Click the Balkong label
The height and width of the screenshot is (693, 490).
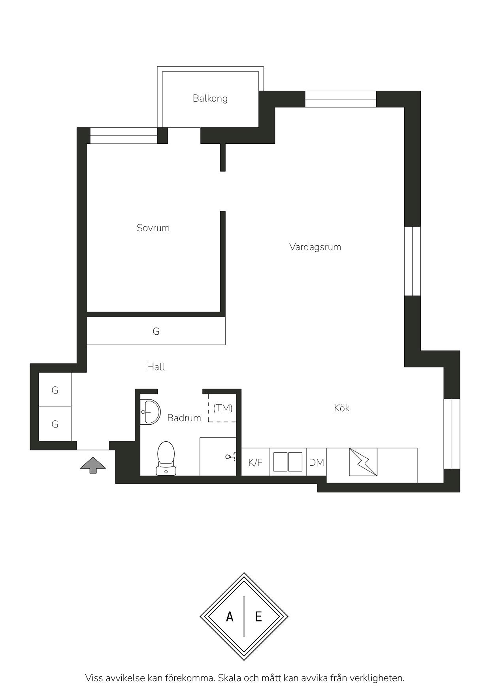[x=210, y=98]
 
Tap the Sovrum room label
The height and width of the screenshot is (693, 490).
[x=153, y=228]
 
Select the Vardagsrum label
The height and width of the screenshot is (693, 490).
[x=315, y=247]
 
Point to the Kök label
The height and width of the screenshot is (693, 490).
[x=342, y=408]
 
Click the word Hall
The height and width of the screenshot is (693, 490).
[x=156, y=367]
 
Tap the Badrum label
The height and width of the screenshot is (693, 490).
[x=184, y=418]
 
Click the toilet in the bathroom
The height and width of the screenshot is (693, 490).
[x=166, y=458]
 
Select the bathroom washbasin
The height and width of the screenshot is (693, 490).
[x=150, y=412]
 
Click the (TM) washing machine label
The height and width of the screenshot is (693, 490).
[x=223, y=408]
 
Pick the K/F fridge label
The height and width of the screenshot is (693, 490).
[x=255, y=462]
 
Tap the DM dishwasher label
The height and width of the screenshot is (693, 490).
[x=317, y=462]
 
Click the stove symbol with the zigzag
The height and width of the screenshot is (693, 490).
[x=363, y=462]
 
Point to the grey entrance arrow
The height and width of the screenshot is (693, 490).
[x=93, y=465]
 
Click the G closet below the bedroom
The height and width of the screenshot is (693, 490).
[x=156, y=331]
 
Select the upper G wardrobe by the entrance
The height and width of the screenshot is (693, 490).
[x=55, y=390]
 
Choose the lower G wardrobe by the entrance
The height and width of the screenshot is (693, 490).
[x=55, y=424]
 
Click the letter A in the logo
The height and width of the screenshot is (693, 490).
[x=230, y=616]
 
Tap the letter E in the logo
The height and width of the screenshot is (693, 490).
[x=258, y=616]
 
